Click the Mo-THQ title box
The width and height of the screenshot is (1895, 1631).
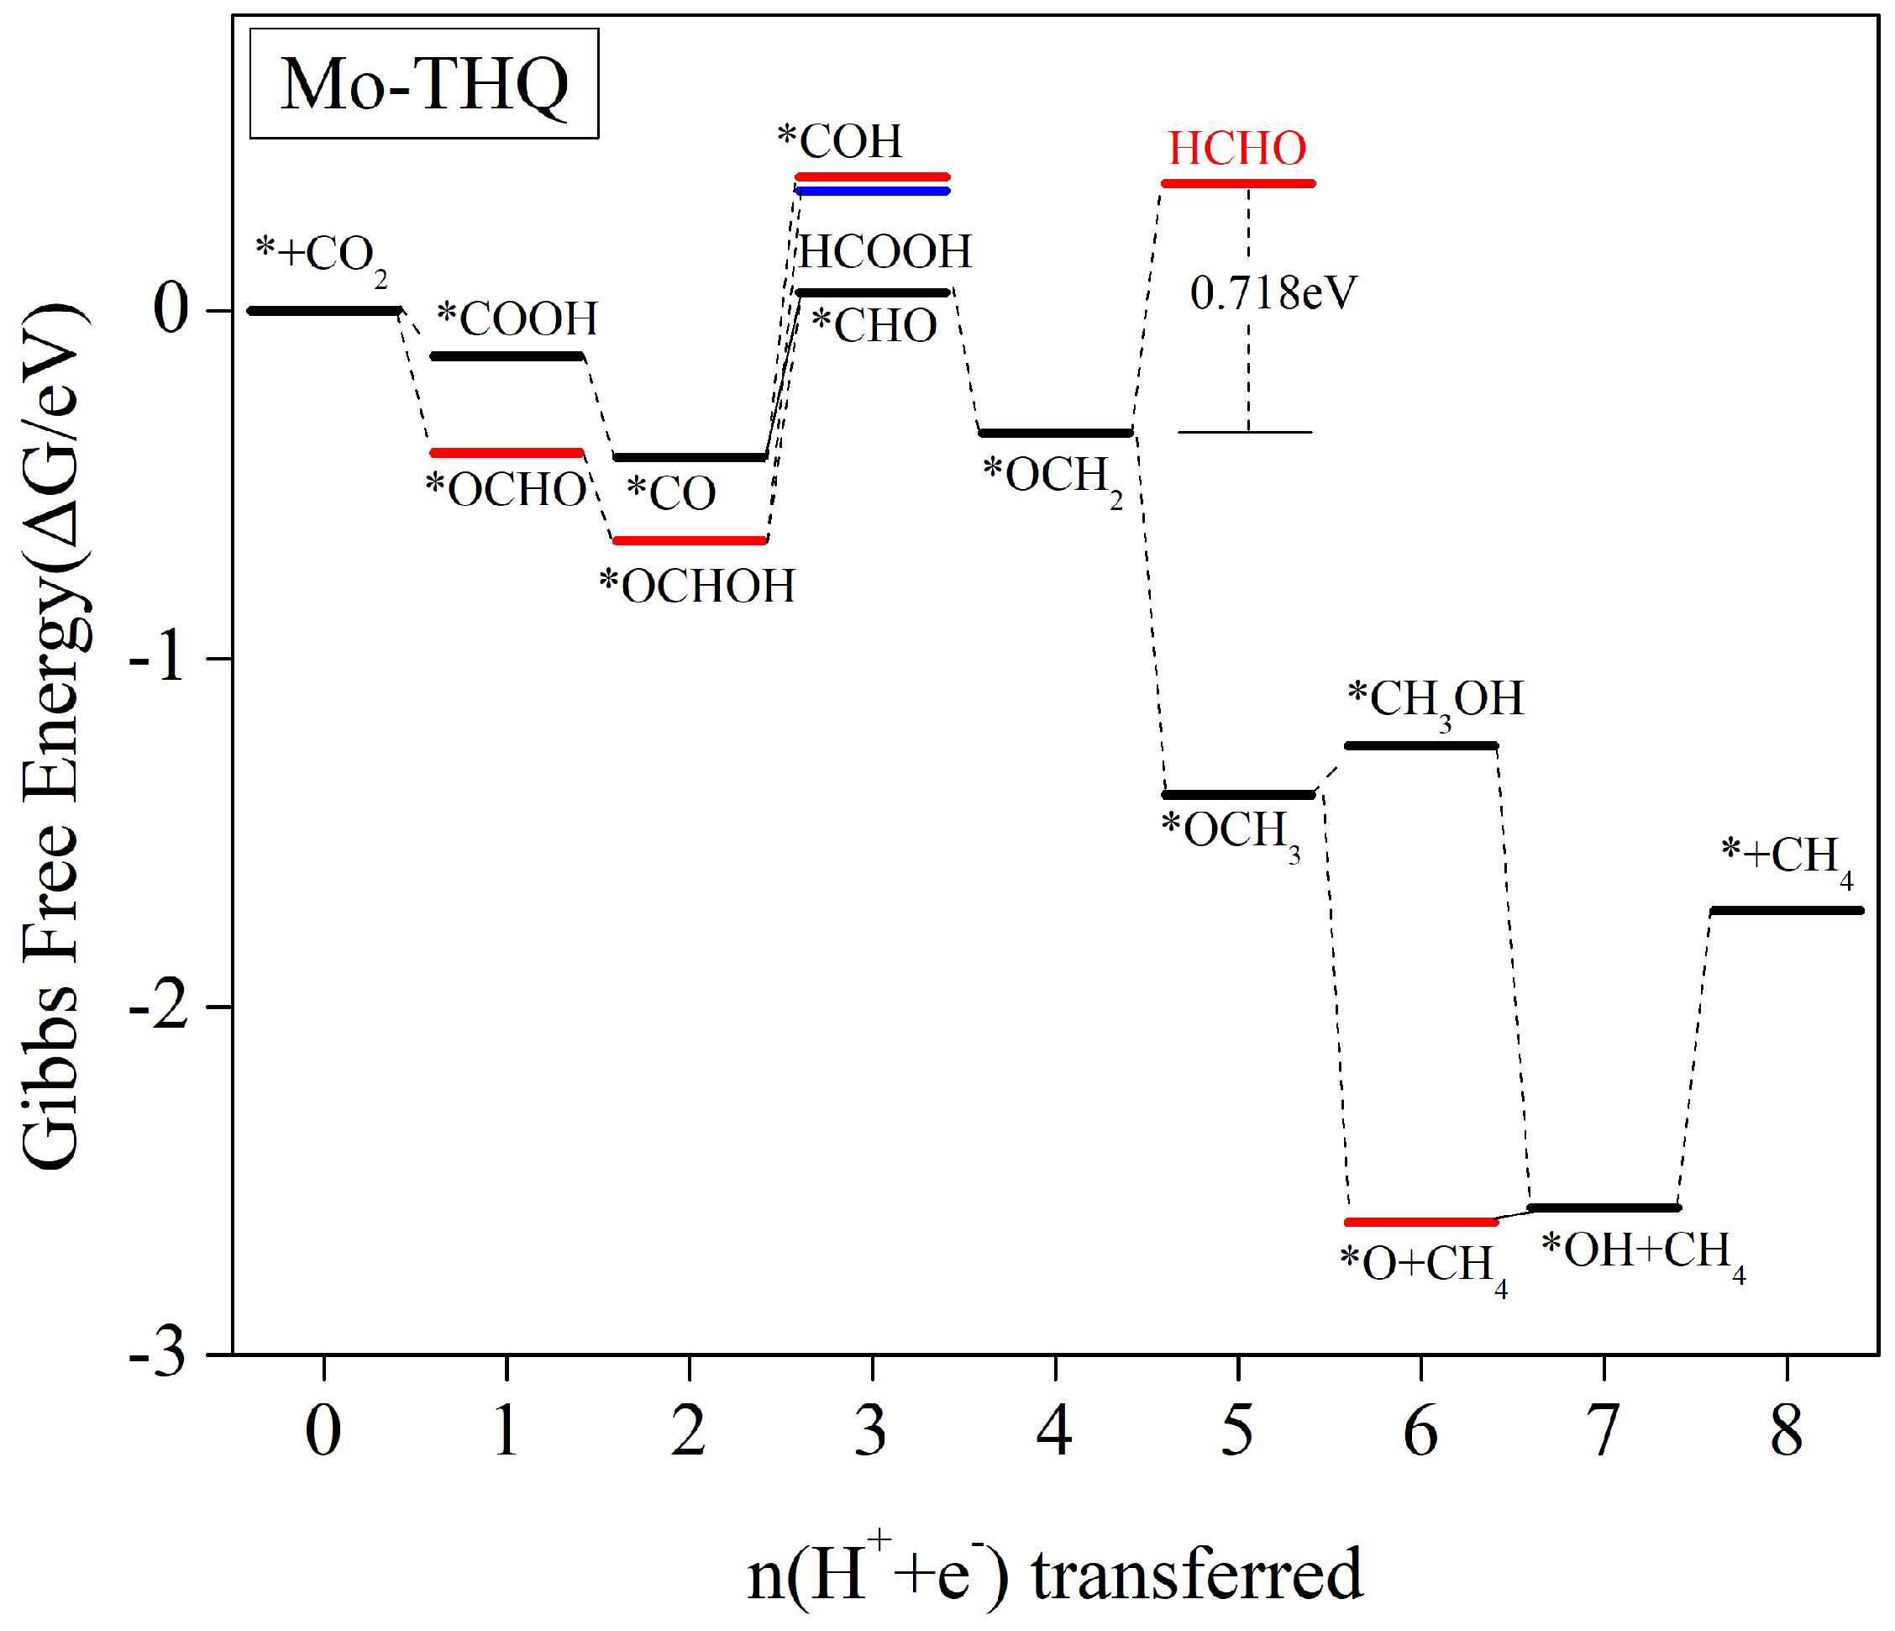424,84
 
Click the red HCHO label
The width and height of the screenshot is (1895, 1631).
1236,148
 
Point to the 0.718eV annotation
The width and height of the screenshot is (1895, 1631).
1273,293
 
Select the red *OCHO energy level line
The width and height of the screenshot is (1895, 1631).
507,453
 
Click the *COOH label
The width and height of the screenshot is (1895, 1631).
517,319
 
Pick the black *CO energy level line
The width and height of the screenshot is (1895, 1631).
690,457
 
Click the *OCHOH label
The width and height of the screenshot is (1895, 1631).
697,587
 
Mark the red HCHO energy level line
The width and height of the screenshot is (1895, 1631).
1238,184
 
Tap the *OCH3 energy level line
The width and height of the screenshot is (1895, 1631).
1238,795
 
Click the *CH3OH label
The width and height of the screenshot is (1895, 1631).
1436,700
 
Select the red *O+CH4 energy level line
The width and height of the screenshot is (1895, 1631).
1421,1222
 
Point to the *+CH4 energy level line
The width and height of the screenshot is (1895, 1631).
1786,910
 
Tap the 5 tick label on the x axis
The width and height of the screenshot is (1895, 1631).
1237,1431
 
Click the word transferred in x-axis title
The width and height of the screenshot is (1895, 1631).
1197,1575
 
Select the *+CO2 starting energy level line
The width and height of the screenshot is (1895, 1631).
323,311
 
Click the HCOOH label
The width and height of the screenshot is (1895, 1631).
885,251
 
